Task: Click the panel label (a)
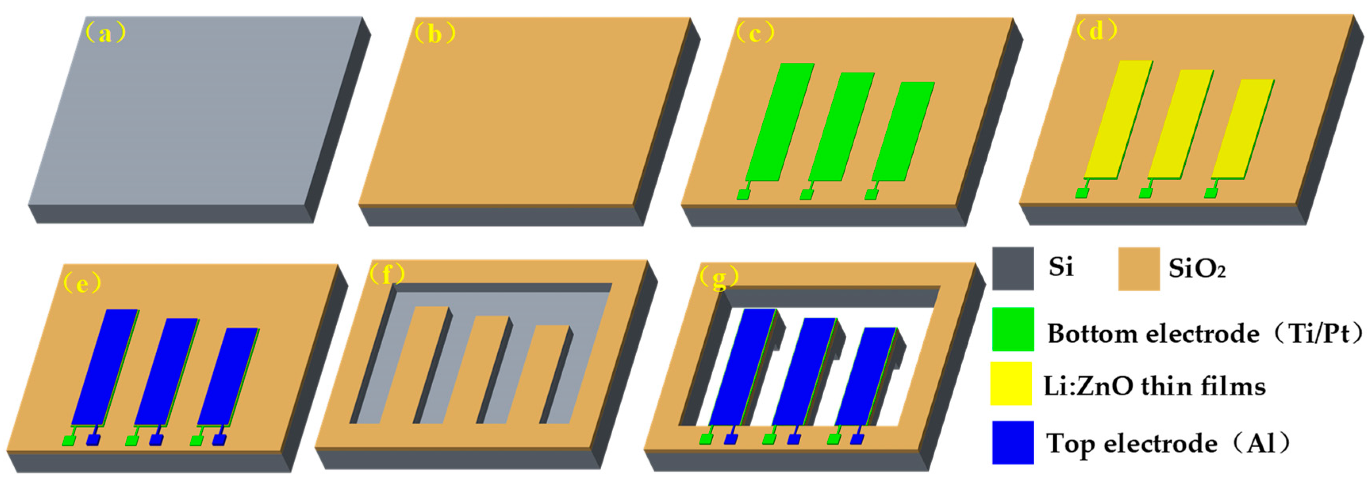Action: tap(106, 33)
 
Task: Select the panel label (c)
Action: tap(755, 33)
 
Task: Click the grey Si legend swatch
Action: tap(1013, 268)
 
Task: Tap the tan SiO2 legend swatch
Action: tap(1139, 268)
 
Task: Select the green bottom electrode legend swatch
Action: tap(1013, 329)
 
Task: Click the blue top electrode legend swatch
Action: tap(1013, 442)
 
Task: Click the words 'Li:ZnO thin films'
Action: tap(1154, 386)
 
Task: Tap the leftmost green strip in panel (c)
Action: tap(780, 122)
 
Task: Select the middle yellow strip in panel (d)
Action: tap(1180, 124)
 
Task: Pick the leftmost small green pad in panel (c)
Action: tap(743, 194)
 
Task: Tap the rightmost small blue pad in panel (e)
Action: tap(219, 440)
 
